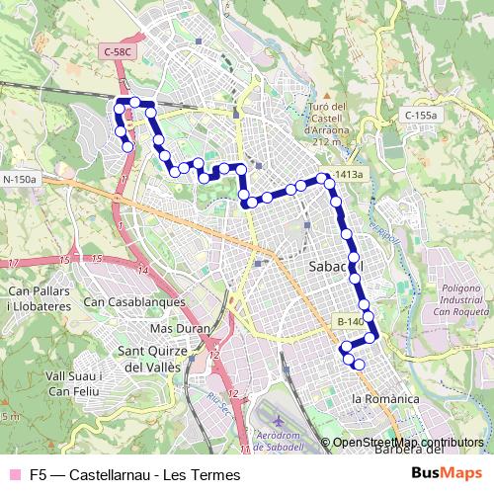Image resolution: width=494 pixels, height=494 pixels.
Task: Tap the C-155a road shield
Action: (420, 116)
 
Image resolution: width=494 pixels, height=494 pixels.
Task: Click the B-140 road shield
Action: (351, 321)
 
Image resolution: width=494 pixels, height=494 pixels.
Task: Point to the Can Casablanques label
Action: (135, 301)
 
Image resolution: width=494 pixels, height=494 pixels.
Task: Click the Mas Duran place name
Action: (176, 328)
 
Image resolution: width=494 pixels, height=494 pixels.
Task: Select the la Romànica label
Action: (385, 398)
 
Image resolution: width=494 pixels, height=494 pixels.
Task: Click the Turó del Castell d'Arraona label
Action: (328, 123)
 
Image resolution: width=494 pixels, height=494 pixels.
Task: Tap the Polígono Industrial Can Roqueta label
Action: (461, 297)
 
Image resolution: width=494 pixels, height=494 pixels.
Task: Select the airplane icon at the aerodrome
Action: (279, 422)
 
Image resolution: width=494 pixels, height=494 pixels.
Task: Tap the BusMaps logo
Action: (448, 473)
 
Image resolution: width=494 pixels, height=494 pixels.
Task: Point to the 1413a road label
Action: (348, 175)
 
